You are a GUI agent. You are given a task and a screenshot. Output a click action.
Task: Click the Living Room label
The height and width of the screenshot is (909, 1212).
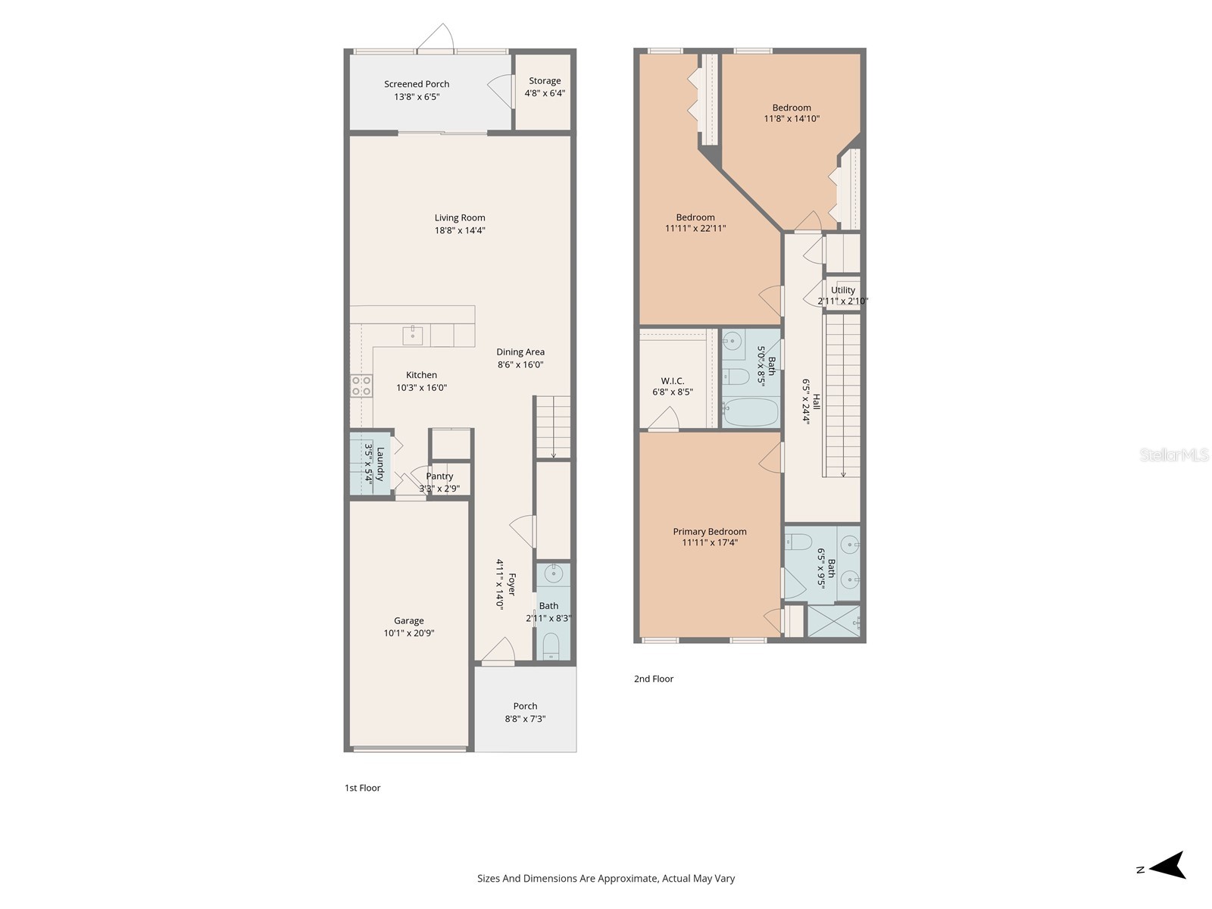tap(459, 218)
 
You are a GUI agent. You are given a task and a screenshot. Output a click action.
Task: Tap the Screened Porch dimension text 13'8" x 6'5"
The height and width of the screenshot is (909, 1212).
tap(417, 97)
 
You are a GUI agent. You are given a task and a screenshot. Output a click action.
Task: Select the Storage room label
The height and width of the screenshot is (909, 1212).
tap(545, 80)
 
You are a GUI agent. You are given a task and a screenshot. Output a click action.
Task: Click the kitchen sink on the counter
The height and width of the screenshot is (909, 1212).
tap(413, 335)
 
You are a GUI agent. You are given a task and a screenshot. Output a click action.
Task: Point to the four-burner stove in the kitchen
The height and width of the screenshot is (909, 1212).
tap(361, 386)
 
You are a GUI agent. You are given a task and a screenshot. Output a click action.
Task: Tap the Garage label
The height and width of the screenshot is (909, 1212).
tap(408, 621)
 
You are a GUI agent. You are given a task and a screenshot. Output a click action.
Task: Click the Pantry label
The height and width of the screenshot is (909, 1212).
tap(439, 476)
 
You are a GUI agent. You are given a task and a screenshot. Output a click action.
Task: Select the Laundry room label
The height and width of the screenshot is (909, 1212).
tap(380, 464)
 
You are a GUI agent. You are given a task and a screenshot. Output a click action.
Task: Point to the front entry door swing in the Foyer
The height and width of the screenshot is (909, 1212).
tap(498, 649)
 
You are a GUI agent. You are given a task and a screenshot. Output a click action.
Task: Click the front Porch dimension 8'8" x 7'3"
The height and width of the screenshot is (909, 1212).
tap(525, 719)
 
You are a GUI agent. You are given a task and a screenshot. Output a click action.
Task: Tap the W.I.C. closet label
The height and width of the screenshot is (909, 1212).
tap(673, 381)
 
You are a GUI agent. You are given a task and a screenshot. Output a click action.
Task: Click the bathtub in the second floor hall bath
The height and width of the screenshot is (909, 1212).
tap(751, 412)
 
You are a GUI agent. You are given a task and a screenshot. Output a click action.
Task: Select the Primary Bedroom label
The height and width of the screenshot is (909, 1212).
tap(710, 532)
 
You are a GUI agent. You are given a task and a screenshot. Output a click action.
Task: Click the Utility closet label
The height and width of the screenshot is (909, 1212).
tap(842, 290)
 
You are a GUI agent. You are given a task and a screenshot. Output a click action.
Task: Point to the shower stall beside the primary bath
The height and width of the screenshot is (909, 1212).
tap(834, 621)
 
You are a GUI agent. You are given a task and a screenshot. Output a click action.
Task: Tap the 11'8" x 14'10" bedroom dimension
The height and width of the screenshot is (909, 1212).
tap(792, 119)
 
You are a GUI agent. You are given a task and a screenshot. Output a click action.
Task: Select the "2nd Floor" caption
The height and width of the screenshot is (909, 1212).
tap(654, 679)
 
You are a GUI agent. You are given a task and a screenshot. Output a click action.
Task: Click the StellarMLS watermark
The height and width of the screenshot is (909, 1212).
tap(1174, 454)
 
